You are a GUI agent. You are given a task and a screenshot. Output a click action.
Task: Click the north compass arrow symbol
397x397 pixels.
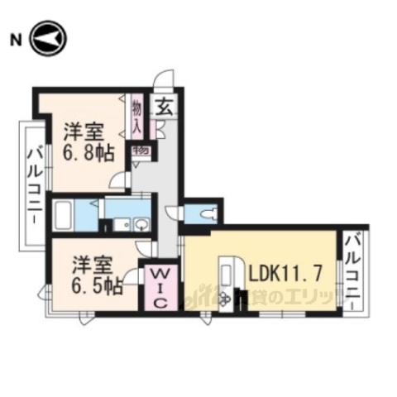click(49, 39)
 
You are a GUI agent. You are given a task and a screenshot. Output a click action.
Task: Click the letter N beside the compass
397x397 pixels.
click(15, 39)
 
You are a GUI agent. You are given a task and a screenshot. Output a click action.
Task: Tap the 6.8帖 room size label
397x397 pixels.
click(84, 152)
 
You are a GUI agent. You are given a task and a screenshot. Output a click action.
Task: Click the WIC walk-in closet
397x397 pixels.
click(161, 287)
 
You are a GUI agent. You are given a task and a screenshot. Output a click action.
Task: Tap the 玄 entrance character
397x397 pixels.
click(165, 107)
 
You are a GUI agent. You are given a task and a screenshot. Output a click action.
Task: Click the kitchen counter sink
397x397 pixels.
click(226, 273)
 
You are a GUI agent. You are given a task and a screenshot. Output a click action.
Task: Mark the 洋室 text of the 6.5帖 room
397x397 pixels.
click(88, 265)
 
